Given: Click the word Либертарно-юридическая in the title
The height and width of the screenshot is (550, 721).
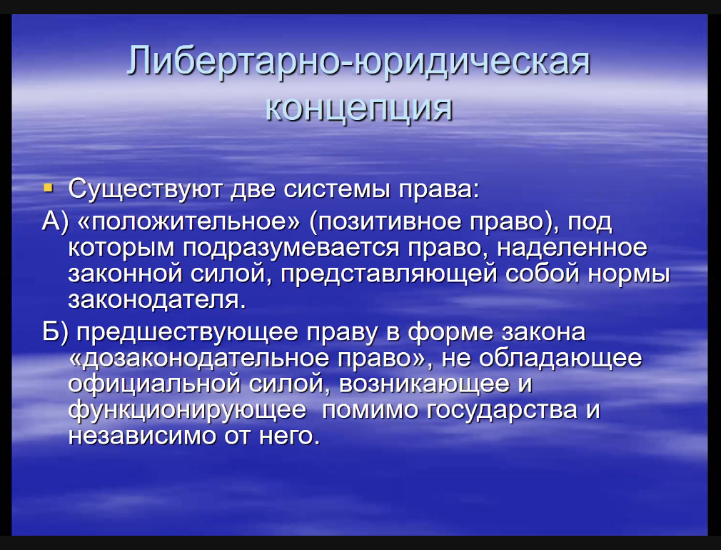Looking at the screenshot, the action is click(358, 61).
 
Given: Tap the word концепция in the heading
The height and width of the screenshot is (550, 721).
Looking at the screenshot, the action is click(359, 109).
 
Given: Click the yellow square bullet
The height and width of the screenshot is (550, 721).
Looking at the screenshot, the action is click(48, 188).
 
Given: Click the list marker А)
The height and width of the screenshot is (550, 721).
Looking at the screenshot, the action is click(55, 222).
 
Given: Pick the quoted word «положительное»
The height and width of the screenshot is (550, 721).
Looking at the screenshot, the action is click(189, 222).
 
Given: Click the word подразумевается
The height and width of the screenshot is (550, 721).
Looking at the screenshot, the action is click(291, 249).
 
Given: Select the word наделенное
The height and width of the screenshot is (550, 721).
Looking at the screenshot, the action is click(572, 248).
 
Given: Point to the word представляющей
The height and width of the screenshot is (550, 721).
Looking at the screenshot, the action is click(389, 274).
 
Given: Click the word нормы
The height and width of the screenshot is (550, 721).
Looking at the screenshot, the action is click(629, 275).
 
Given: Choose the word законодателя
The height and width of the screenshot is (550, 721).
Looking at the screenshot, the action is click(157, 300).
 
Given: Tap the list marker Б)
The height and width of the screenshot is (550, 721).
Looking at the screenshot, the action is click(55, 332).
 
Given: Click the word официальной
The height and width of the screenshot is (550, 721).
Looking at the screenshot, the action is click(154, 385).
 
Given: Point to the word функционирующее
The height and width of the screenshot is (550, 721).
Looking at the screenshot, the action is click(187, 411).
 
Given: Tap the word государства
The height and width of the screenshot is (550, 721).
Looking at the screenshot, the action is click(502, 411).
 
